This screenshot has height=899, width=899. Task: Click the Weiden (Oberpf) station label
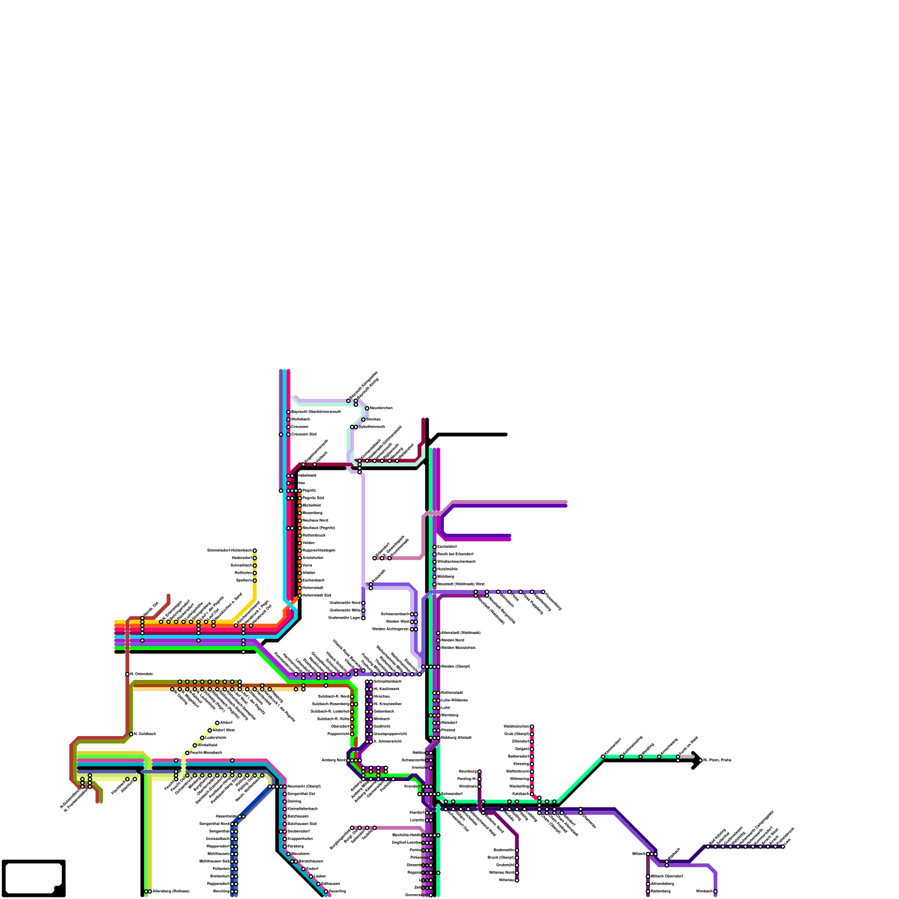tap(456, 666)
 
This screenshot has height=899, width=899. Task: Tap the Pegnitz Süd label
tap(313, 498)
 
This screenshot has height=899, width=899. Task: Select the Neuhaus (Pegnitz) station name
tap(319, 528)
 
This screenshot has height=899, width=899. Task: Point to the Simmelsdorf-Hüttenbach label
tap(229, 550)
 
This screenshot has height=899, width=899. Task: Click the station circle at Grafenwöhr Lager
tap(364, 618)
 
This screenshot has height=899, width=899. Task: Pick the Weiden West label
tap(398, 621)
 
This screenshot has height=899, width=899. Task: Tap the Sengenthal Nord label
tap(214, 824)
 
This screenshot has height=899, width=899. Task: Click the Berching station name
tap(221, 891)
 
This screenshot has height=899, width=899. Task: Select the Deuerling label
tap(337, 891)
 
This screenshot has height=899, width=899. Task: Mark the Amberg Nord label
tap(333, 760)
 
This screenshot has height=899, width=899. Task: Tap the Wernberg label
tap(449, 715)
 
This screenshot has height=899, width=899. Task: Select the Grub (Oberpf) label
tap(516, 734)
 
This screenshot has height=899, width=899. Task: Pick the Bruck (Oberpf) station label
tap(501, 857)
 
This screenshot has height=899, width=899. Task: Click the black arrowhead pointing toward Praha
tap(697, 760)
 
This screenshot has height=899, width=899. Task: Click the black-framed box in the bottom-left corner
tap(34, 878)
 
